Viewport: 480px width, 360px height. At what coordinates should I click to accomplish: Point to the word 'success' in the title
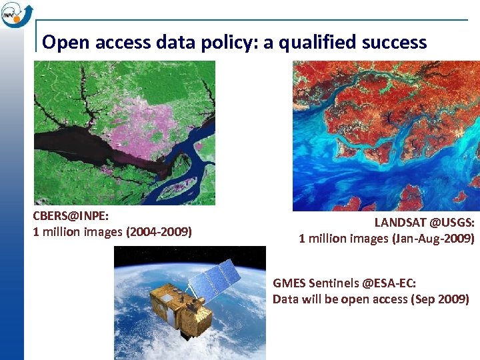(x=397, y=43)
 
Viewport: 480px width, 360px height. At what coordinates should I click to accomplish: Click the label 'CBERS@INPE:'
(x=71, y=217)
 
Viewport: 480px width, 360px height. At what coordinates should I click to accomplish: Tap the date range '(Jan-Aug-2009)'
(x=429, y=239)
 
